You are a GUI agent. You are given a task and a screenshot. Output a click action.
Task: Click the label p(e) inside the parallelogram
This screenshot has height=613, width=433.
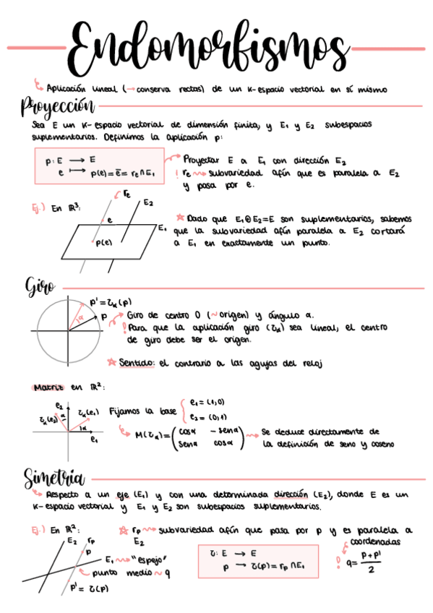(x=104, y=244)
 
